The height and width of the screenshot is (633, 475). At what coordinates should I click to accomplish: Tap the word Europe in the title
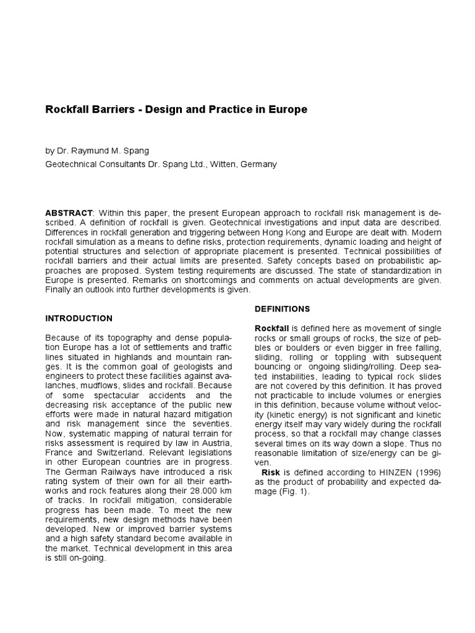point(286,110)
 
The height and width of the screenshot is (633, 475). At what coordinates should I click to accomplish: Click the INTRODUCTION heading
point(79,318)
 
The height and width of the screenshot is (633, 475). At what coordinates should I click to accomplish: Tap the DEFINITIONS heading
point(283,308)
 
